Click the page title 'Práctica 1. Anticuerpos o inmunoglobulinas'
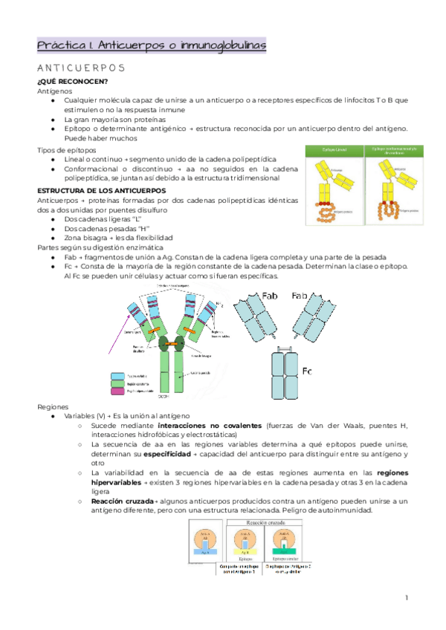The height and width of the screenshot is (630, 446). pyautogui.click(x=152, y=46)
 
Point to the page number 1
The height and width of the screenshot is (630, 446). pyautogui.click(x=407, y=597)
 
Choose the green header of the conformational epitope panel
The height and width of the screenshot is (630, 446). pyautogui.click(x=394, y=152)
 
